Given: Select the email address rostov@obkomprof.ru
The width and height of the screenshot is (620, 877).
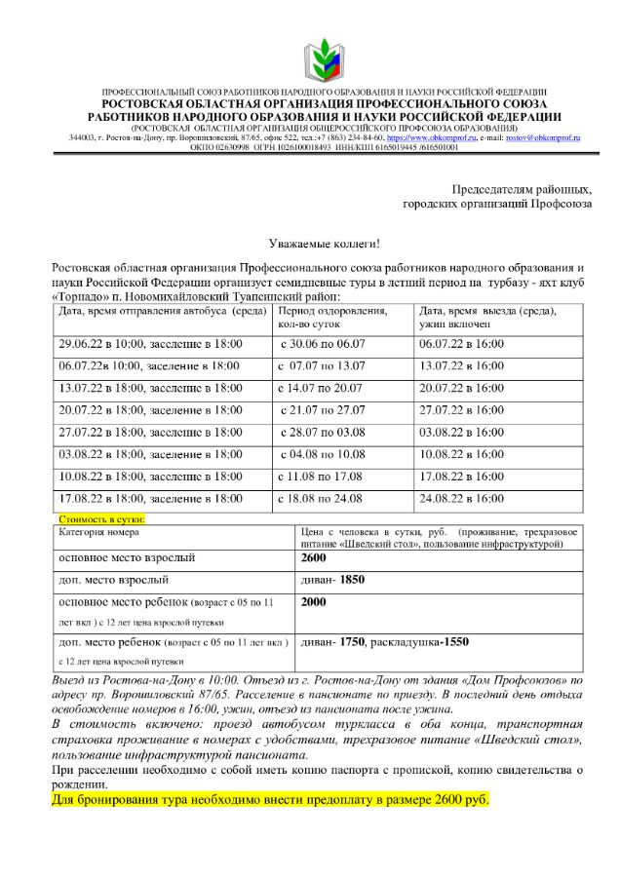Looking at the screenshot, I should coord(542,138).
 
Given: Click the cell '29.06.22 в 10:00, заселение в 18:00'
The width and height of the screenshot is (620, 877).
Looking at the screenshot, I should coord(150,344).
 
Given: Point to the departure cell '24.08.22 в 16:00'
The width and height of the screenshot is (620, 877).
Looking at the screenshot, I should coord(462,498).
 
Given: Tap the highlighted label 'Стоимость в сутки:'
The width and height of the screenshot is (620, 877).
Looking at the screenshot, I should coord(102,520).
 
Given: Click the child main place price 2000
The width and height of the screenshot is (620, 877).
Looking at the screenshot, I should coord(313,602).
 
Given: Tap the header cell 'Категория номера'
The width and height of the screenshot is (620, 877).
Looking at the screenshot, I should coord(98,532).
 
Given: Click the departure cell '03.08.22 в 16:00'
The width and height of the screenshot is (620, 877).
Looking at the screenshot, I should coord(462,432).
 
